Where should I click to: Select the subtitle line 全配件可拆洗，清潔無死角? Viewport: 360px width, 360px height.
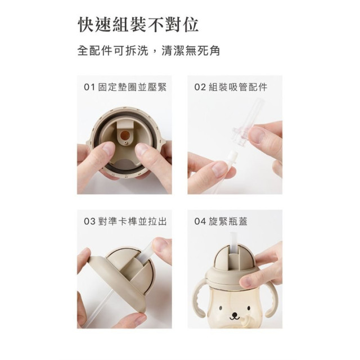click(148, 51)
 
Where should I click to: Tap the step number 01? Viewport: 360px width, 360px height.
click(89, 88)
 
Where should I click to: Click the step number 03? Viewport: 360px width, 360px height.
click(89, 221)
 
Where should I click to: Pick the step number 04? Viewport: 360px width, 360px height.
click(200, 221)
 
